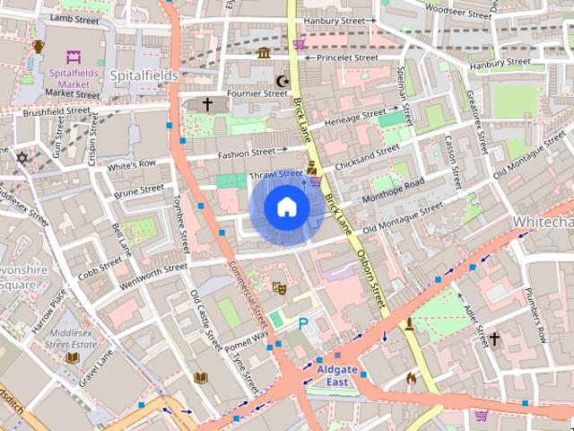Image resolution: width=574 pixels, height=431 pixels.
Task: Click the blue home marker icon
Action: point(287,207)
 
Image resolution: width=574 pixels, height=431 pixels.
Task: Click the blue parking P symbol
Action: point(303,323)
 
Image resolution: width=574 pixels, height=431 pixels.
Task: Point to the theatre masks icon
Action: point(279,287)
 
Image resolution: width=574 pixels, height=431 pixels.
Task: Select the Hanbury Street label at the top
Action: point(335,20)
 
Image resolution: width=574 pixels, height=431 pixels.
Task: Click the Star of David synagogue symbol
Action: point(22,158)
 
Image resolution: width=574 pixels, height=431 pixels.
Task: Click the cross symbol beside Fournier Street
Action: point(207,105)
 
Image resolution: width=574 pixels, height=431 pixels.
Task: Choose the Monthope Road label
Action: point(393,191)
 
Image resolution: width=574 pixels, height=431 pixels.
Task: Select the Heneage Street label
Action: point(354,119)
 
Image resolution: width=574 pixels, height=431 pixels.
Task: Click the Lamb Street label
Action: point(74,17)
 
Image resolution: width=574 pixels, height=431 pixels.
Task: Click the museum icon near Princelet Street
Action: point(264,53)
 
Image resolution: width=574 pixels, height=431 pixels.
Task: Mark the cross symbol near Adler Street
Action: point(493,339)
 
